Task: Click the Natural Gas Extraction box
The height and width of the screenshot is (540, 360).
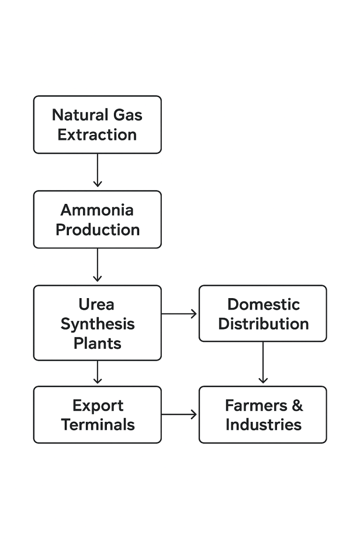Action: coord(97,125)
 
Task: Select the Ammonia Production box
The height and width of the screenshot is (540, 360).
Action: coord(97,219)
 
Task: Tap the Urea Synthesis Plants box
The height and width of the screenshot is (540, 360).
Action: coord(97,323)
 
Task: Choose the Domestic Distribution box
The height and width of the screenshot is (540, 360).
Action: coord(262,314)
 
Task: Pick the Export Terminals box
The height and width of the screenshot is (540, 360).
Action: coord(97,415)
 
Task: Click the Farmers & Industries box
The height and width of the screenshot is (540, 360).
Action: coord(262,415)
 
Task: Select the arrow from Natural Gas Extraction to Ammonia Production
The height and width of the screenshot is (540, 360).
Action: coord(97,171)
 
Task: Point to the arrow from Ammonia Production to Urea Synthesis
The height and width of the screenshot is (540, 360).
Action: coord(97,265)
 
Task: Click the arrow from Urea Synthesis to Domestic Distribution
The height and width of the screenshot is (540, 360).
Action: coord(180,314)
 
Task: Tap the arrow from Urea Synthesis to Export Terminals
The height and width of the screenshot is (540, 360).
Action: coord(97,373)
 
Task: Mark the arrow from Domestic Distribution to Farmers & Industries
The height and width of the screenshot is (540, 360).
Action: coord(262,363)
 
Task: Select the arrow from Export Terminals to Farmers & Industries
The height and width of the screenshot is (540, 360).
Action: coord(180,414)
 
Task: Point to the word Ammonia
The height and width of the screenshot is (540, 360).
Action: coord(97,210)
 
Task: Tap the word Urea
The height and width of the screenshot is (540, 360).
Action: coord(96,304)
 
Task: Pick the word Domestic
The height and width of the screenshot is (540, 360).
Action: coord(263,304)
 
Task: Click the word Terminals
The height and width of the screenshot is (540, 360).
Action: coord(97,425)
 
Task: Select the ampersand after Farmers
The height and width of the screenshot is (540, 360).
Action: coord(297,405)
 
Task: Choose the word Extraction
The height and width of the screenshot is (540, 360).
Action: coord(97,135)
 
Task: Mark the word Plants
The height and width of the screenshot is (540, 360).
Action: coord(97,343)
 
